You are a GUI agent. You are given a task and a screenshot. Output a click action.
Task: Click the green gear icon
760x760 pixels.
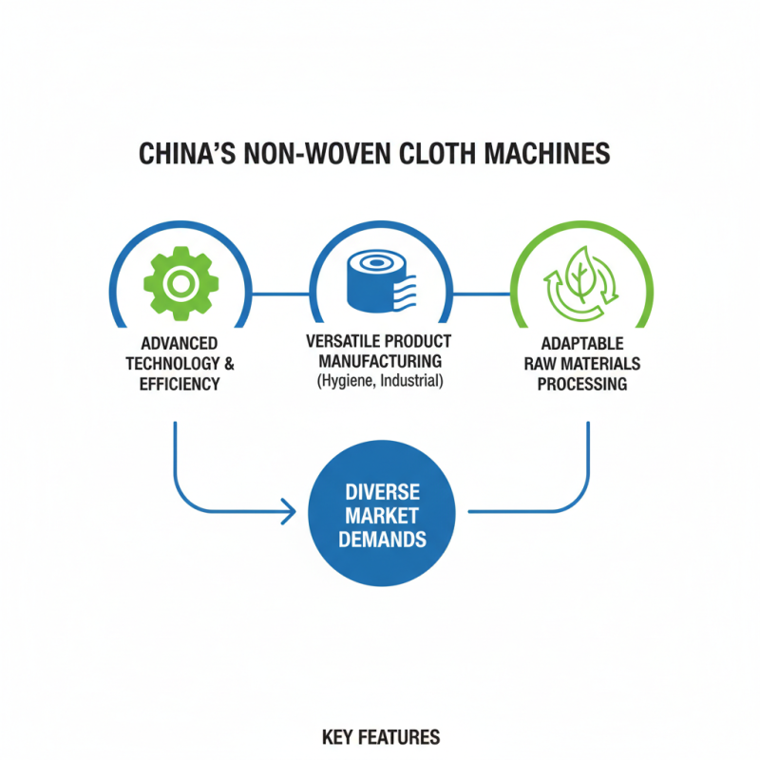tap(179, 281)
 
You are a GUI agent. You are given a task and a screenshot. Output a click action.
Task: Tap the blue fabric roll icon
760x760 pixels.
tap(379, 281)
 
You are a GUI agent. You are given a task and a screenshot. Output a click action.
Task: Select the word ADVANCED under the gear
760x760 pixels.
tap(179, 342)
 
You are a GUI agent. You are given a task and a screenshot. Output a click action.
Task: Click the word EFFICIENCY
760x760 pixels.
tap(179, 384)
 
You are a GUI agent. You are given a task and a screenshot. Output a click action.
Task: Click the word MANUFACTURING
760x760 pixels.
tap(380, 361)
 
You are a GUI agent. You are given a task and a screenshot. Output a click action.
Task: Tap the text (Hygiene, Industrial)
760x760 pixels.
tap(380, 381)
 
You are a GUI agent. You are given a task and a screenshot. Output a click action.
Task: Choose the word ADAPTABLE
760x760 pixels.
tap(581, 343)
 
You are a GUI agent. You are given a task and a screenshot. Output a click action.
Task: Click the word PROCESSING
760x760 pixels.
tap(581, 384)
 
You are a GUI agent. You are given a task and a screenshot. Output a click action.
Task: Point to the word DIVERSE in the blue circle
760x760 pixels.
tap(380, 494)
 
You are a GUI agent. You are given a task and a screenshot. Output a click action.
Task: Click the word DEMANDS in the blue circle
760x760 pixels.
tap(380, 539)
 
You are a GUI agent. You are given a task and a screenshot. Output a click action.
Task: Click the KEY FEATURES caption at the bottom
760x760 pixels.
tap(380, 737)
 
